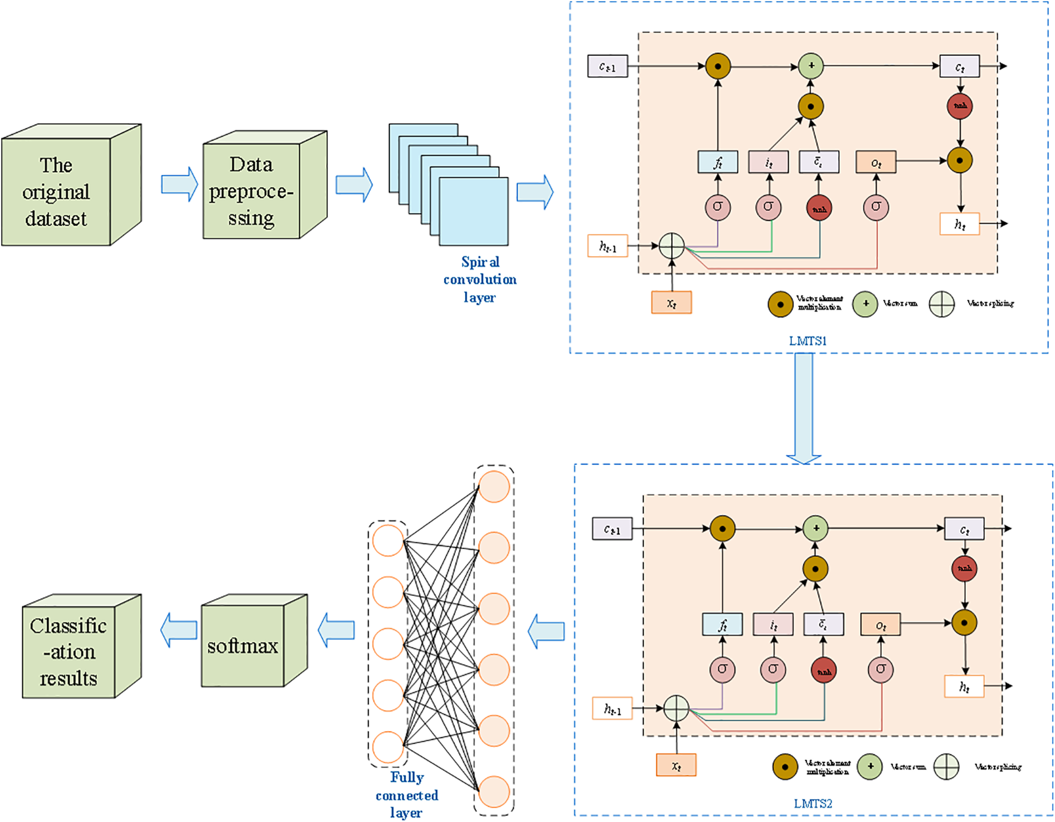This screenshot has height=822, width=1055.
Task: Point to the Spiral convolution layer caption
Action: click(480, 279)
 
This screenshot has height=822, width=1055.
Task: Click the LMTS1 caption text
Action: click(807, 341)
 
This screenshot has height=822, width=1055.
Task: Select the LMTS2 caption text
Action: click(812, 803)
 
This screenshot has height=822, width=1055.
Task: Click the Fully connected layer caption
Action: click(406, 795)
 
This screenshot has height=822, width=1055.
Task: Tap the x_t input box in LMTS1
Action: click(671, 303)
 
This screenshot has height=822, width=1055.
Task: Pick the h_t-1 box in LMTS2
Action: click(612, 708)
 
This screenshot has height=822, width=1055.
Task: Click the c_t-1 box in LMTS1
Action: click(608, 67)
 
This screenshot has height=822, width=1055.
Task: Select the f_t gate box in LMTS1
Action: click(718, 162)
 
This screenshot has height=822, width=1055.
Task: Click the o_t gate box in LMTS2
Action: click(880, 625)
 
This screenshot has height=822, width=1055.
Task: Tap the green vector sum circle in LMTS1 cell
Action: click(811, 66)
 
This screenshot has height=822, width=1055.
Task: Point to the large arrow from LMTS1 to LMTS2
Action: click(804, 407)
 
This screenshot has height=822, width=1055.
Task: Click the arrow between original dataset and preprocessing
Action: click(179, 184)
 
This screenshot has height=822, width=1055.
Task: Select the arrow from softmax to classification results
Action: click(178, 630)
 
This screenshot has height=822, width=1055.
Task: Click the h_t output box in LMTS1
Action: click(959, 224)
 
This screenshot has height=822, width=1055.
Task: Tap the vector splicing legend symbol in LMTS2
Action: click(946, 767)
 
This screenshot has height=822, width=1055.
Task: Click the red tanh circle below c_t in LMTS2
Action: click(964, 569)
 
